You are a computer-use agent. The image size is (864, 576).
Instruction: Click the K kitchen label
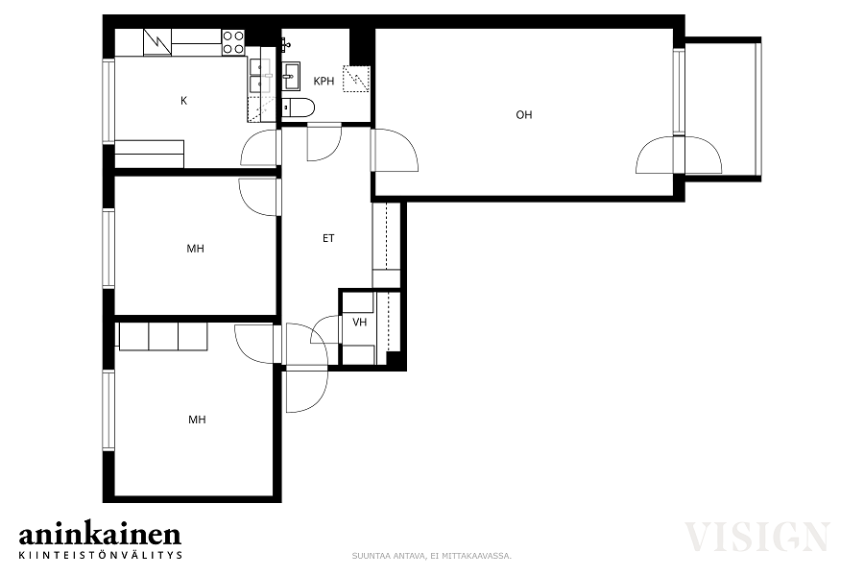click(184, 100)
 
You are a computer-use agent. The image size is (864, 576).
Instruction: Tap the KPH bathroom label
click(324, 81)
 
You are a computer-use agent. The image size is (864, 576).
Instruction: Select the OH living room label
click(524, 114)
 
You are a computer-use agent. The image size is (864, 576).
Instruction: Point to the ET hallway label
click(328, 238)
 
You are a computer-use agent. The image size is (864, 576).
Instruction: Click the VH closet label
click(360, 322)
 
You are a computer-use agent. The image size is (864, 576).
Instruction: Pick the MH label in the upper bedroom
click(196, 249)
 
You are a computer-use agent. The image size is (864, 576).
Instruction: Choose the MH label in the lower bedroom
click(197, 420)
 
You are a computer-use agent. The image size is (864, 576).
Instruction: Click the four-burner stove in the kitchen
click(233, 42)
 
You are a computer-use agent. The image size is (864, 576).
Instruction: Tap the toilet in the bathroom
click(299, 108)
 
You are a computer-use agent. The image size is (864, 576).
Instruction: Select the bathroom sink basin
click(292, 77)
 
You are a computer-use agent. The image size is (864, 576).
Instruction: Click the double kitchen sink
click(259, 75)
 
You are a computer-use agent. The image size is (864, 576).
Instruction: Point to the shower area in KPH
click(355, 79)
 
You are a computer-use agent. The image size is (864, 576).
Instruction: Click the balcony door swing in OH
click(679, 155)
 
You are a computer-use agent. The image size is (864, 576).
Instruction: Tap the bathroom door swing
click(325, 144)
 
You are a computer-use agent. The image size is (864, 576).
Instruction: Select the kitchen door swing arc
click(259, 148)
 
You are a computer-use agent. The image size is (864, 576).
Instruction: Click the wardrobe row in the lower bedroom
click(163, 336)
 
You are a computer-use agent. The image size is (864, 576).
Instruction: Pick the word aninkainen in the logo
click(100, 534)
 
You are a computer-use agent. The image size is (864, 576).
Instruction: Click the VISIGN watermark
click(757, 537)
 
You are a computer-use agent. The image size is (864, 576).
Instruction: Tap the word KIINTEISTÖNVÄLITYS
click(101, 555)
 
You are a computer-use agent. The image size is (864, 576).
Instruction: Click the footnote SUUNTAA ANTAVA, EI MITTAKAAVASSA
click(432, 556)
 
